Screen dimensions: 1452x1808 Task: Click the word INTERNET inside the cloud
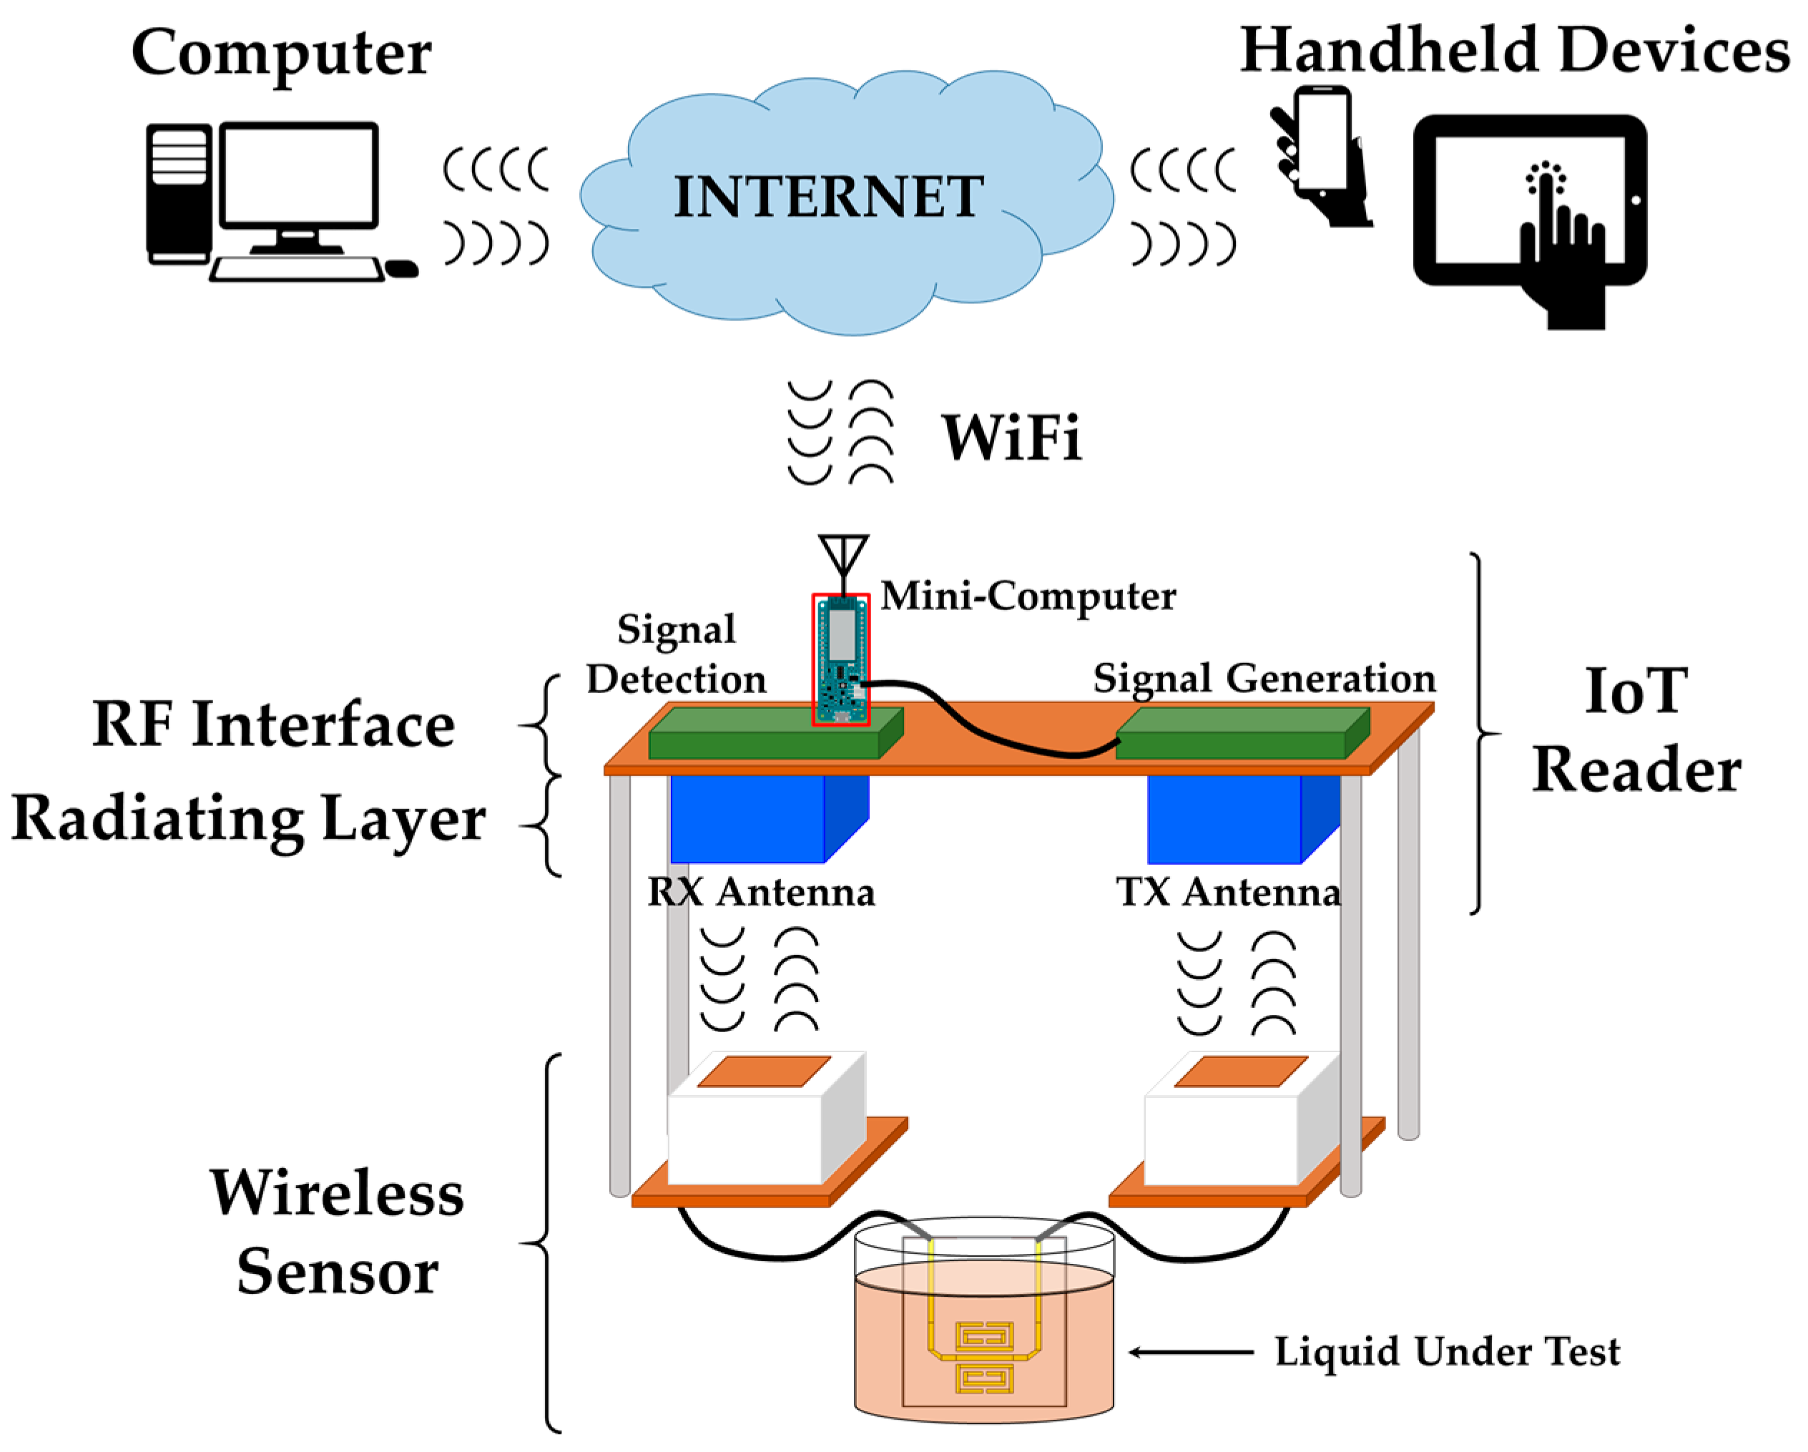coord(827,198)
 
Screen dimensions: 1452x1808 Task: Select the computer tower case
coord(179,193)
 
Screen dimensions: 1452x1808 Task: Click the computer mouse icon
coord(402,269)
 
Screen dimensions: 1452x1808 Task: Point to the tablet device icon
coord(1529,201)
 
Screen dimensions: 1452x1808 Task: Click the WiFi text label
coord(1011,438)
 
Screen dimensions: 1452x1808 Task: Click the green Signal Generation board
coord(1241,735)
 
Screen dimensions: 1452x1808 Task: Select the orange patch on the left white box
coord(764,1072)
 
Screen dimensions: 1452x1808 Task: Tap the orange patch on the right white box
coord(1241,1072)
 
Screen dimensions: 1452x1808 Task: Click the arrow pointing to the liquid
coord(1191,1352)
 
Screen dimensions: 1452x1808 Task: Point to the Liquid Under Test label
coord(1447,1352)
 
